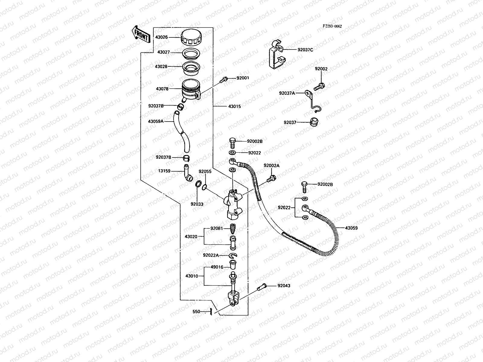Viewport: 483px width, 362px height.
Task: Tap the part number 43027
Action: point(163,52)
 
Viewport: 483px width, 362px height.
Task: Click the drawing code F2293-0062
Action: point(332,26)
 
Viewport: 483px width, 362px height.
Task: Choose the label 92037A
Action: point(287,93)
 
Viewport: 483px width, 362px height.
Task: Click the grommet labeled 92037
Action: point(314,122)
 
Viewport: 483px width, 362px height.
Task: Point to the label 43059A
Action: point(155,121)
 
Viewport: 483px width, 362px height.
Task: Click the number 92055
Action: point(205,171)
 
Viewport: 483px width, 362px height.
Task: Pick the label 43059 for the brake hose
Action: point(351,228)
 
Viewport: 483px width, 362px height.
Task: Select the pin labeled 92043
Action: point(262,287)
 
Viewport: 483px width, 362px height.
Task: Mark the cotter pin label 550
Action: point(196,312)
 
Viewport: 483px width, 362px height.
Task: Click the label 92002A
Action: point(271,165)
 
